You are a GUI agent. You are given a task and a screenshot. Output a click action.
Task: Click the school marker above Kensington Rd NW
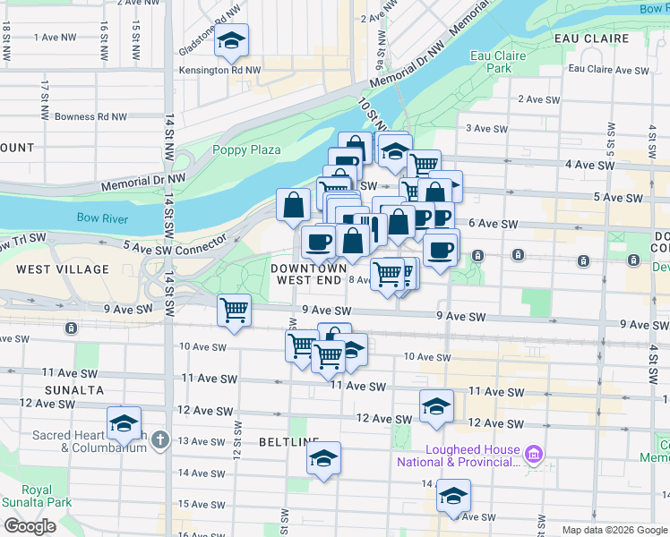pos(231,41)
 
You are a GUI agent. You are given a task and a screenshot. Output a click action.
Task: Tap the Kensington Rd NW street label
pos(219,70)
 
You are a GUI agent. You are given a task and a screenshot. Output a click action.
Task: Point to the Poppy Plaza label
pos(246,150)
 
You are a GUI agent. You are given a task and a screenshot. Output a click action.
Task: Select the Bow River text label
pos(102,218)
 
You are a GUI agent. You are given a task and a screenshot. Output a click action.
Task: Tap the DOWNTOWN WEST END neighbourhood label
pos(309,274)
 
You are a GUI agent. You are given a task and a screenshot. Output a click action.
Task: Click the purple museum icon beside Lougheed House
pos(535,455)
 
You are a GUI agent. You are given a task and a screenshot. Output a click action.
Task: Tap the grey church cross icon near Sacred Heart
pos(159,439)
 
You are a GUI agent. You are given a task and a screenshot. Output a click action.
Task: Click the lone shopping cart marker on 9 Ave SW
pos(234,311)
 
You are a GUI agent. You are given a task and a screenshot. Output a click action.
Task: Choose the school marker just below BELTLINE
pos(323,460)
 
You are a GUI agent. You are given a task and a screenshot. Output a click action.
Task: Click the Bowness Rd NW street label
pos(90,116)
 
